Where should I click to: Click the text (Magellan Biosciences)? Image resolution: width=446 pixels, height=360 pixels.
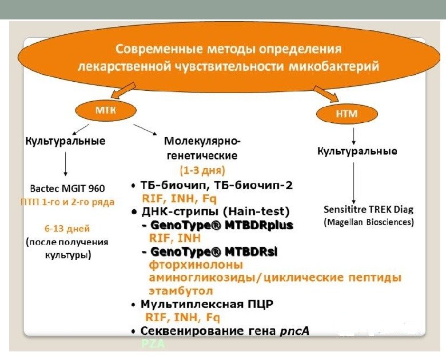click(369, 222)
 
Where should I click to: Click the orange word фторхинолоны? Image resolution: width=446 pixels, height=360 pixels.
click(196, 265)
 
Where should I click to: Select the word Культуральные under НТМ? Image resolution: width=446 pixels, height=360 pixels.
click(357, 151)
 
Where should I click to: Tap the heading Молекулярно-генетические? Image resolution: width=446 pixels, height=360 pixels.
click(202, 148)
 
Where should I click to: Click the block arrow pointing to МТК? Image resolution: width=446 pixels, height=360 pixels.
click(122, 90)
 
